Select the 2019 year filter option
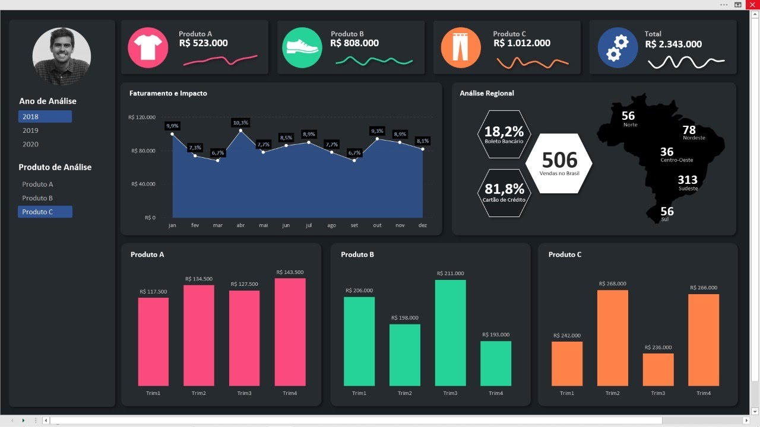pos(31,130)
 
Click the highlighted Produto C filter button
pos(45,212)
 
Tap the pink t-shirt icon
pos(144,47)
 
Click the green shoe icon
pos(302,47)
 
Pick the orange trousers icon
pos(461,47)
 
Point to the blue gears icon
pos(617,47)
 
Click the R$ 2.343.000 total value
pos(673,44)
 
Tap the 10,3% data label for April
pos(240,123)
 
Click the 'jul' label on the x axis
pos(309,225)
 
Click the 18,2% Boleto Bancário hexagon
pos(503,134)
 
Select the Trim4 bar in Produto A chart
pos(290,332)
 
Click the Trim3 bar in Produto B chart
pos(450,333)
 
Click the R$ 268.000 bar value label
pos(612,283)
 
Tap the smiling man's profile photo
pos(62,55)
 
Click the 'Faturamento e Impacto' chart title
pos(168,93)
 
